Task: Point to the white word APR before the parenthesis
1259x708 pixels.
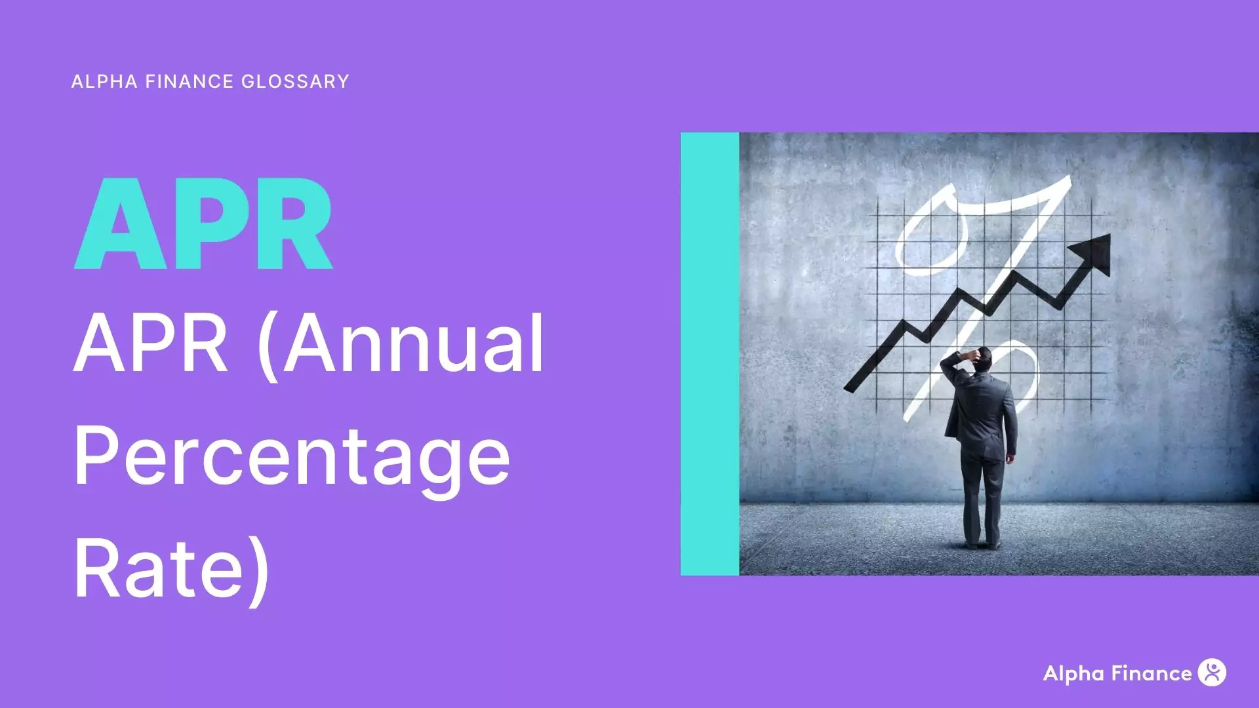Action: pyautogui.click(x=150, y=344)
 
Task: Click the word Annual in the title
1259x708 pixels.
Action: pyautogui.click(x=413, y=344)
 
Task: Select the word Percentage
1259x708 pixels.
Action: pyautogui.click(x=292, y=456)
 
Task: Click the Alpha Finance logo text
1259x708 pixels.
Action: pyautogui.click(x=1117, y=673)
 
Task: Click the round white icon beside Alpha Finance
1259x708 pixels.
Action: pyautogui.click(x=1212, y=673)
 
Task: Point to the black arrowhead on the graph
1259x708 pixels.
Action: pyautogui.click(x=1094, y=253)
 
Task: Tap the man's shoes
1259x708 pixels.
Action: pyautogui.click(x=981, y=543)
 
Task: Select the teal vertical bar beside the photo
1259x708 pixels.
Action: pyautogui.click(x=709, y=354)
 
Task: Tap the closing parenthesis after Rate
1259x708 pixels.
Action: pyautogui.click(x=260, y=569)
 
